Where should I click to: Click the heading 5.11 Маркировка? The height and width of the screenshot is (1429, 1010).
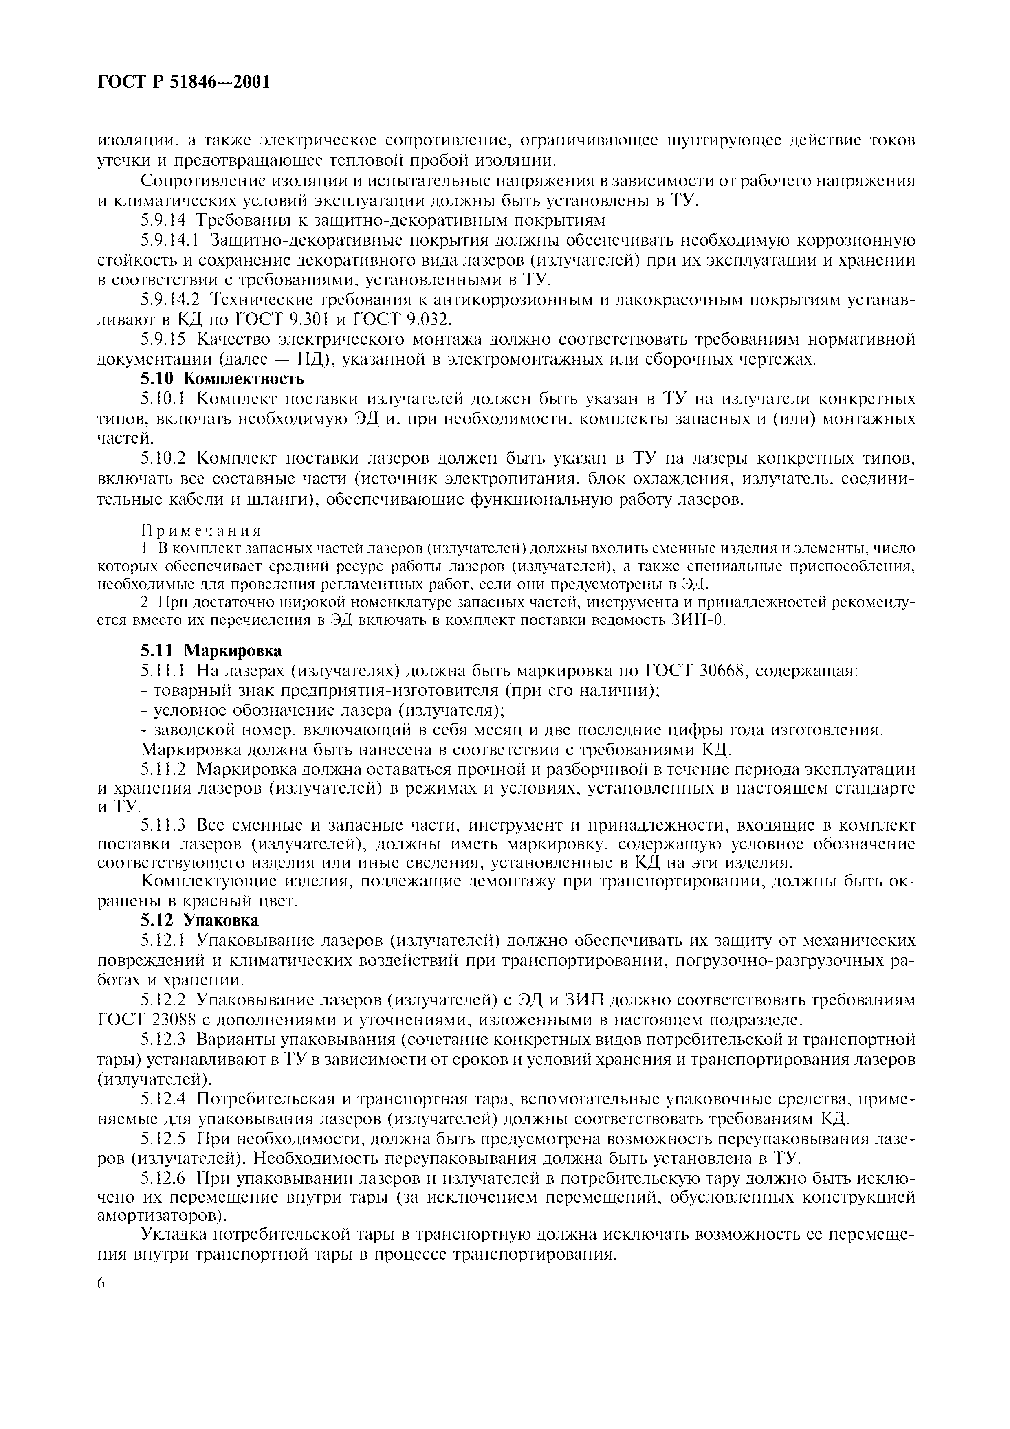211,651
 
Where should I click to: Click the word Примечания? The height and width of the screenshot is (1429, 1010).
201,530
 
